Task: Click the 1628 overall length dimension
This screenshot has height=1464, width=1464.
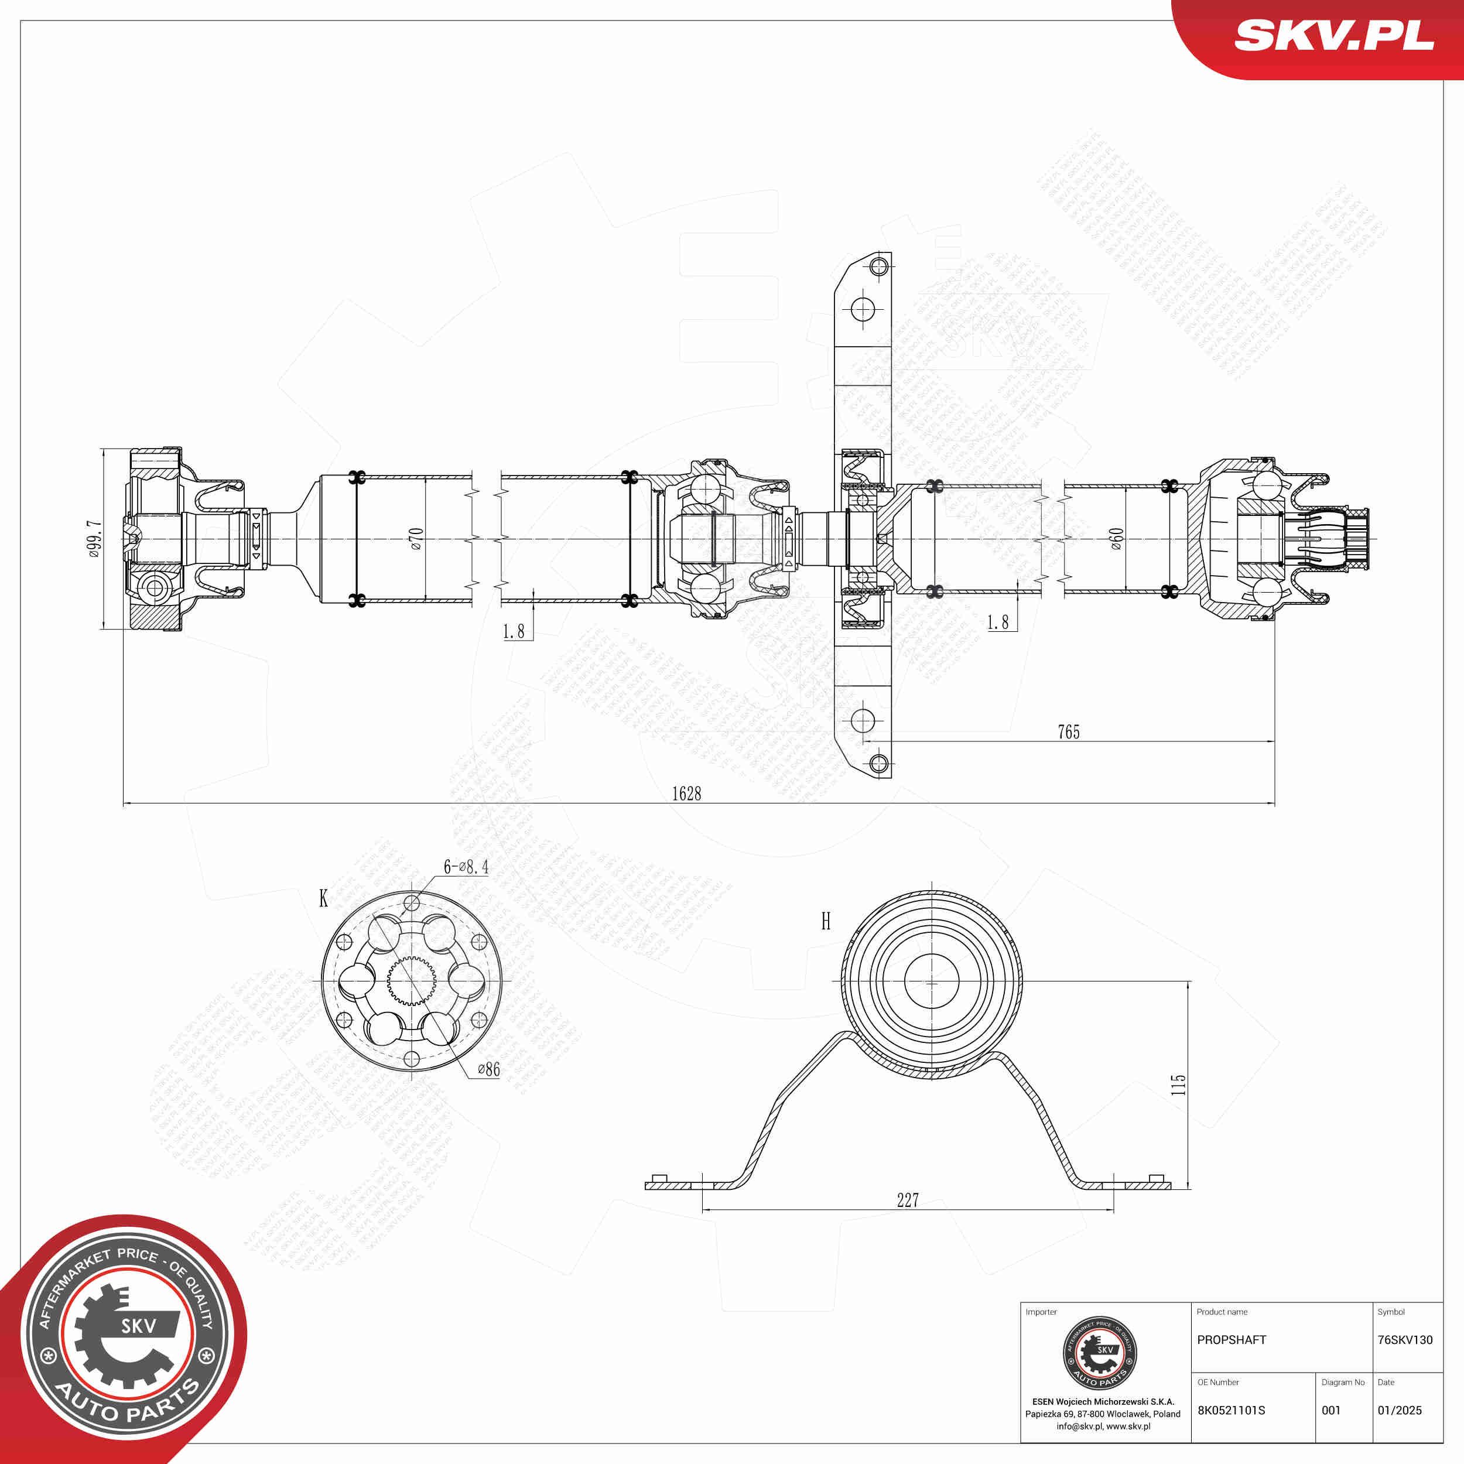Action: pyautogui.click(x=686, y=793)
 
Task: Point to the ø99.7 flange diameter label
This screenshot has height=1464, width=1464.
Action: pyautogui.click(x=94, y=539)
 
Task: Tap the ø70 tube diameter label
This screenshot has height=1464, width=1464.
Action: pyautogui.click(x=416, y=538)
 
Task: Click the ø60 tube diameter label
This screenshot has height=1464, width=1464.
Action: pyautogui.click(x=1116, y=538)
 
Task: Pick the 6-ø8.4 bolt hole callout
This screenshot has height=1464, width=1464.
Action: pyautogui.click(x=466, y=866)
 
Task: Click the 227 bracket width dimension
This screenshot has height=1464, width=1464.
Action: pyautogui.click(x=907, y=1199)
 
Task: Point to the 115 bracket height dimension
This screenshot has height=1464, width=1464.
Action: pyautogui.click(x=1178, y=1083)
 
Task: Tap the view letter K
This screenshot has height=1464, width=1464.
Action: pyautogui.click(x=324, y=899)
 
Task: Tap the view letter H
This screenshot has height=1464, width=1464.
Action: pyautogui.click(x=825, y=921)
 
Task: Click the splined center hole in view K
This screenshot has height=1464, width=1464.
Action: pyautogui.click(x=412, y=981)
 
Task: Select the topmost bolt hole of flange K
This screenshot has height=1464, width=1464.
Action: pyautogui.click(x=412, y=902)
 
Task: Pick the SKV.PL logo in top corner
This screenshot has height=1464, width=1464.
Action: pyautogui.click(x=1333, y=36)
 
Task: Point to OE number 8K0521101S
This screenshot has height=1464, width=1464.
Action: pyautogui.click(x=1230, y=1410)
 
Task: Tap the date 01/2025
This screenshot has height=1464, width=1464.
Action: pyautogui.click(x=1399, y=1410)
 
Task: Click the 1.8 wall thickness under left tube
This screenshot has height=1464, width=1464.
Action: pyautogui.click(x=513, y=631)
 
